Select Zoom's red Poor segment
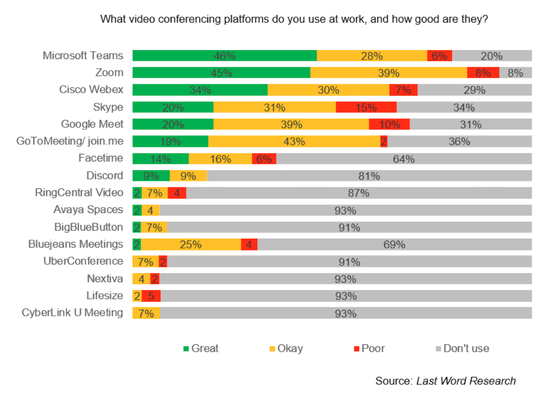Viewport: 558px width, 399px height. tap(483, 73)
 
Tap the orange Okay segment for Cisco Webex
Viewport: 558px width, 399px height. tap(328, 90)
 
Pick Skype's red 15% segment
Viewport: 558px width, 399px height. tap(366, 107)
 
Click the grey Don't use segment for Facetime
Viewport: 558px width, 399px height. tap(404, 159)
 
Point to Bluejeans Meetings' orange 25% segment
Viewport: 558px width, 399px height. tap(191, 245)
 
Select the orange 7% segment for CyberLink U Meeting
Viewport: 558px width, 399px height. tap(146, 313)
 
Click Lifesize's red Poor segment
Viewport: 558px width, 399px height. tap(151, 296)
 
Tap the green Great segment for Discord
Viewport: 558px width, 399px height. tap(151, 176)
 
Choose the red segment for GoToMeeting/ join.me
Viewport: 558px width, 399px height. tap(383, 142)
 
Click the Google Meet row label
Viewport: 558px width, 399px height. tap(92, 124)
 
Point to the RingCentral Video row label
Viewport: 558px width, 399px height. tap(79, 192)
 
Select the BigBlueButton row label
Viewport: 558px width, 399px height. tap(88, 227)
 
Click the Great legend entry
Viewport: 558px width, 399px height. tap(201, 348)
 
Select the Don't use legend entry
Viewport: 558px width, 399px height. tap(460, 348)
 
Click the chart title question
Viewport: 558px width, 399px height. tap(295, 20)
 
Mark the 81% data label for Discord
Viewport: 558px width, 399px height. tap(369, 176)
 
